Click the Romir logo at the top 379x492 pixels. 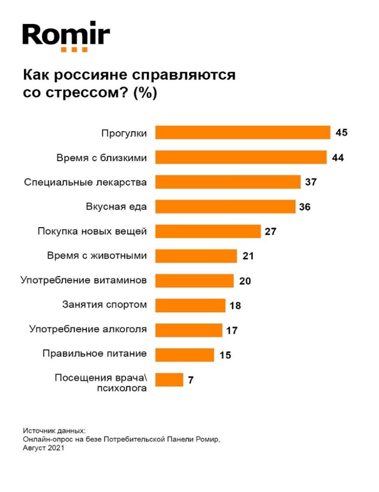[66, 35]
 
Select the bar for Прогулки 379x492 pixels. [243, 133]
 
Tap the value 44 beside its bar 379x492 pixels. [337, 158]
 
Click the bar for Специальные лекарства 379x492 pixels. [228, 182]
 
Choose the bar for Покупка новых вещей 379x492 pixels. [208, 231]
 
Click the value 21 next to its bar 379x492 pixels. [248, 256]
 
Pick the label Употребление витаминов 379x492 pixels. [84, 280]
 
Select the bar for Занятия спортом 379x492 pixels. [190, 305]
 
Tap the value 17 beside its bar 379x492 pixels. [232, 330]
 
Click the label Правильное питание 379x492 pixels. [95, 353]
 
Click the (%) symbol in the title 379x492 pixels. [144, 93]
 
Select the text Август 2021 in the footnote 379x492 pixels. [44, 448]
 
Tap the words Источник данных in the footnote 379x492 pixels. [51, 430]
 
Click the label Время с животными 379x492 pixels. [96, 256]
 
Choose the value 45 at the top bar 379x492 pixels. [342, 133]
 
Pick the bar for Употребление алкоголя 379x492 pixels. [189, 330]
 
